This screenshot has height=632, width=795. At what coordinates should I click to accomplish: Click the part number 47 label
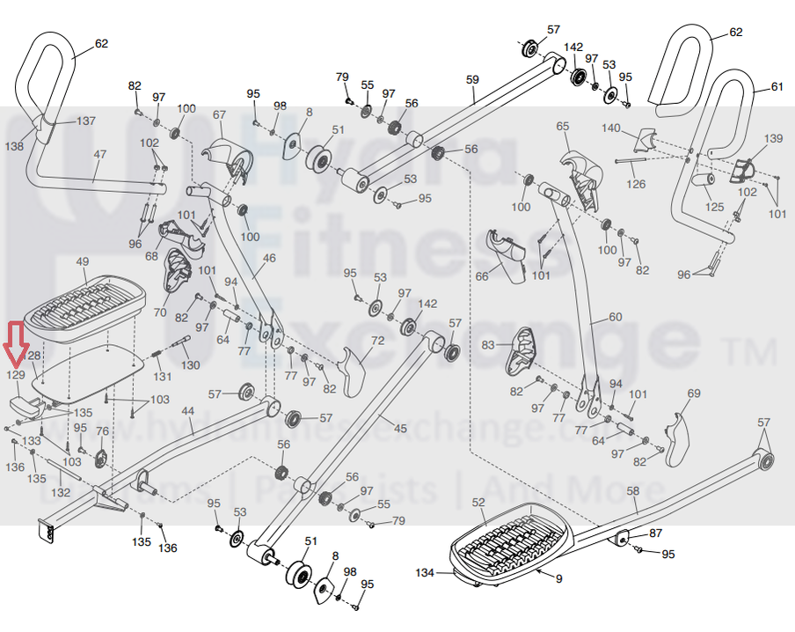click(99, 154)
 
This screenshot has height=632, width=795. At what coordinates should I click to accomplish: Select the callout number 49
click(83, 262)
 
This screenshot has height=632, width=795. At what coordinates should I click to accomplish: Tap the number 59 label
click(472, 80)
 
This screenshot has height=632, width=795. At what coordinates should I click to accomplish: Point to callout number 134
click(426, 573)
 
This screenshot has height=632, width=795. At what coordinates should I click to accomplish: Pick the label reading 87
click(656, 533)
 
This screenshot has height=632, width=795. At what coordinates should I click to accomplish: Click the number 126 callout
click(636, 185)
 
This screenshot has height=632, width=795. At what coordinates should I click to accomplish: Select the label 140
click(610, 129)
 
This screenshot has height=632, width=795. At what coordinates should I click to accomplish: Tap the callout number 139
click(772, 139)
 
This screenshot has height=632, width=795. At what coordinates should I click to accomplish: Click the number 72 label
click(377, 340)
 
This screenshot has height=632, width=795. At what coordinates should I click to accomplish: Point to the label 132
click(61, 493)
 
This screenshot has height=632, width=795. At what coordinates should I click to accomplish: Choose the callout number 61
click(777, 86)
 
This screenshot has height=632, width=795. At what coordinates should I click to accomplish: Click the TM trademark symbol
click(754, 354)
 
